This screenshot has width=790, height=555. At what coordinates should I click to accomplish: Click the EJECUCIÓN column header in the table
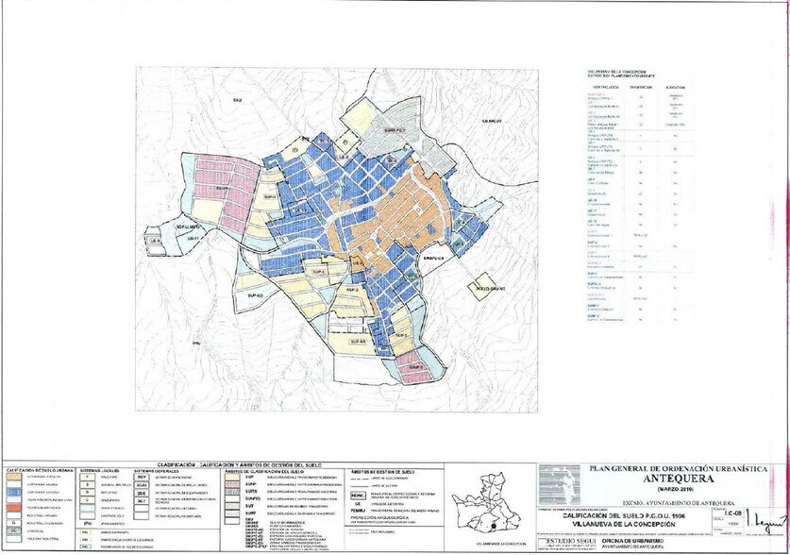[x=675, y=86]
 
